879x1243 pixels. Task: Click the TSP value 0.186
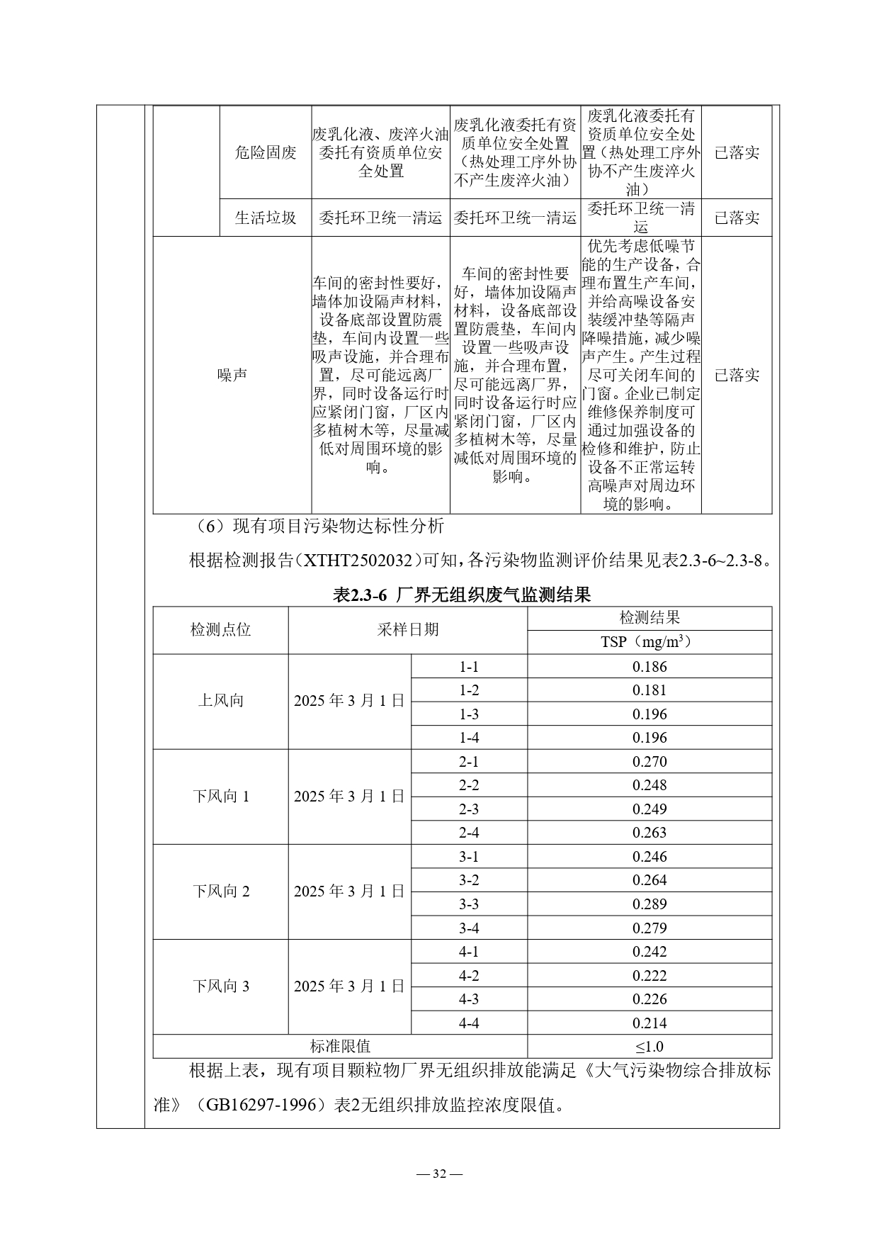click(649, 666)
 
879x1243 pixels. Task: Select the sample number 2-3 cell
click(469, 809)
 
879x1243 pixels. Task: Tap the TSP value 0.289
click(649, 904)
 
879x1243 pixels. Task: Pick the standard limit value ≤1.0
click(649, 1046)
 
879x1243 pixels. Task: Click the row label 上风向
click(220, 701)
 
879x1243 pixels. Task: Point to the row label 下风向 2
click(220, 891)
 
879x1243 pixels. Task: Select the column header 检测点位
click(220, 629)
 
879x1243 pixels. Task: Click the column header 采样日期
click(407, 629)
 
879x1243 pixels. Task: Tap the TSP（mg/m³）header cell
click(649, 641)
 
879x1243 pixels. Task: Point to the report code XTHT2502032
click(357, 561)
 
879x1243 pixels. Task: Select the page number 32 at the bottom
click(439, 1174)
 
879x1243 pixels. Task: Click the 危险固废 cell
click(265, 152)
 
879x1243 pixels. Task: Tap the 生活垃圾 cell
click(265, 218)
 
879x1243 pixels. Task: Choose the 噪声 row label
click(232, 375)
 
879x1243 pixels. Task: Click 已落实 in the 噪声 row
click(736, 375)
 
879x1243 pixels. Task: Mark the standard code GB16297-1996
click(261, 1104)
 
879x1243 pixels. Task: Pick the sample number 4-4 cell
click(469, 1023)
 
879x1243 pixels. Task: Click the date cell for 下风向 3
click(349, 986)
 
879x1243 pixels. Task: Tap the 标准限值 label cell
click(340, 1046)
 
